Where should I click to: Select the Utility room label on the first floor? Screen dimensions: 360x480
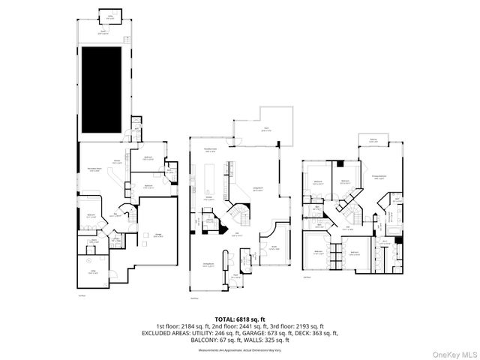pos(94,272)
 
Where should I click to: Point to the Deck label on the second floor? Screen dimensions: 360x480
pos(266,129)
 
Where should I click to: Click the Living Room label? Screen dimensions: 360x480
pos(256,189)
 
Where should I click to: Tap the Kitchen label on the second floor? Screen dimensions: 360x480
pos(208,199)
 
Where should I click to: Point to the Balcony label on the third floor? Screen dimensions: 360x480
pos(373,138)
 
